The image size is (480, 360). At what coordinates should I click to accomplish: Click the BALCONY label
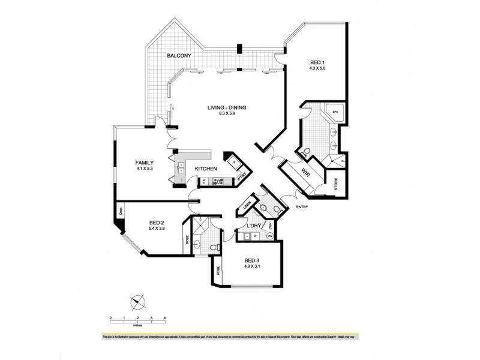[179, 56]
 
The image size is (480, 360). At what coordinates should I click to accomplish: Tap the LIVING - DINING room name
[227, 108]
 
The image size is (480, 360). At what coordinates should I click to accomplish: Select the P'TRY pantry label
[243, 176]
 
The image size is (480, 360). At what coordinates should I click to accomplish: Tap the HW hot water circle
[271, 236]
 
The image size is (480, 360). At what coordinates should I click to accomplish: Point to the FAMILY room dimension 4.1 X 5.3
[145, 169]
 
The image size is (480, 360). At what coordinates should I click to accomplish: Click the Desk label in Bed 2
[120, 211]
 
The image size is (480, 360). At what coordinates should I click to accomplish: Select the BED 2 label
[157, 223]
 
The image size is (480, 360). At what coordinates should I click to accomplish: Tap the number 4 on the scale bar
[164, 317]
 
